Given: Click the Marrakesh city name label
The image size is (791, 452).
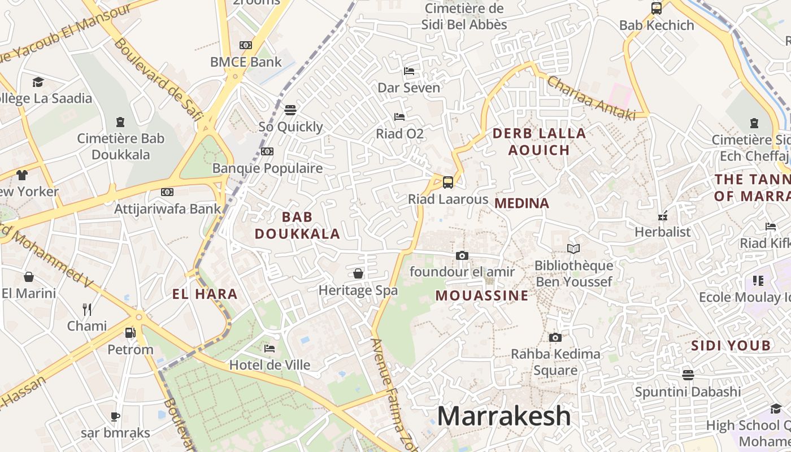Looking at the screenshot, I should pyautogui.click(x=504, y=416).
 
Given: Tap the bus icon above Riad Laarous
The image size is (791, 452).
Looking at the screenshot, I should pyautogui.click(x=448, y=182).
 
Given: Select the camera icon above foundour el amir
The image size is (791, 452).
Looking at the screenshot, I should pyautogui.click(x=462, y=255).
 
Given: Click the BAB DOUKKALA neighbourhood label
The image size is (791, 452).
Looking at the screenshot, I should pyautogui.click(x=297, y=225).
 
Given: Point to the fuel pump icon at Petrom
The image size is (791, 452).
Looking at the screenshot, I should pyautogui.click(x=131, y=333).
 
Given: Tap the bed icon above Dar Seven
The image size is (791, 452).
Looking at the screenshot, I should pyautogui.click(x=409, y=71).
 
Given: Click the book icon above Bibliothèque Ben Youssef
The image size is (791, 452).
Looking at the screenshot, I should pyautogui.click(x=573, y=249).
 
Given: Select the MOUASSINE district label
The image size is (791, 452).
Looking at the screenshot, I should pyautogui.click(x=482, y=295).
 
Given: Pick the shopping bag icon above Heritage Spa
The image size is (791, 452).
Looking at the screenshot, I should pyautogui.click(x=358, y=274).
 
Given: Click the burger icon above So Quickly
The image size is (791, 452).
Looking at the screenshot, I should pyautogui.click(x=290, y=110).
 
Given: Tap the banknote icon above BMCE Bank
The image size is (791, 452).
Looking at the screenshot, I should pyautogui.click(x=245, y=45).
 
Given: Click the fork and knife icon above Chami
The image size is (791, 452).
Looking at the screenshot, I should pyautogui.click(x=87, y=309).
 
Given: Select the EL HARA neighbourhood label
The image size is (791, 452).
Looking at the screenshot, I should pyautogui.click(x=205, y=294).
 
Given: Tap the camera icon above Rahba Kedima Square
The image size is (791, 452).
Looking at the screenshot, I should pyautogui.click(x=555, y=337).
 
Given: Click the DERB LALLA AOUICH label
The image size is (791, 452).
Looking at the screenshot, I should pyautogui.click(x=539, y=142).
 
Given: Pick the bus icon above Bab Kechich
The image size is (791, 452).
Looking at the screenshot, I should pyautogui.click(x=657, y=8).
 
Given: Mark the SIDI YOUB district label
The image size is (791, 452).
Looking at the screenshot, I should pyautogui.click(x=731, y=346).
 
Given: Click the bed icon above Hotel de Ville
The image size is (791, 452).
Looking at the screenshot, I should pyautogui.click(x=270, y=349).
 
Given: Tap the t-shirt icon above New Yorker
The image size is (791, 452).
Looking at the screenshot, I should pyautogui.click(x=21, y=175).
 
